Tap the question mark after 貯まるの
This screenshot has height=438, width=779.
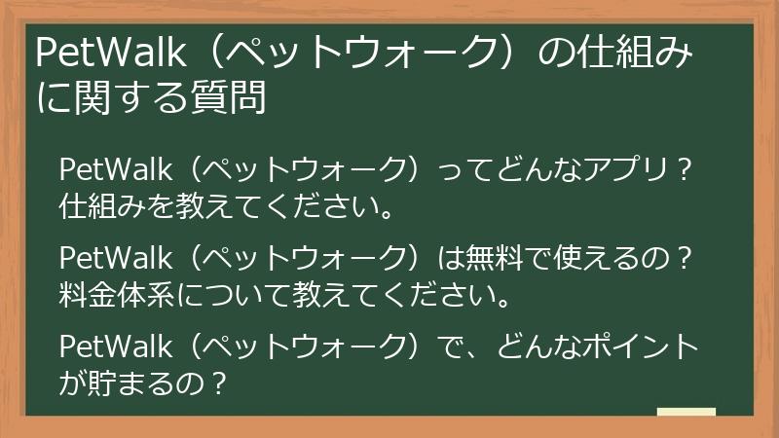pos(218,383)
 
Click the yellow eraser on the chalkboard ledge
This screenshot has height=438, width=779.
pos(686,412)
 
